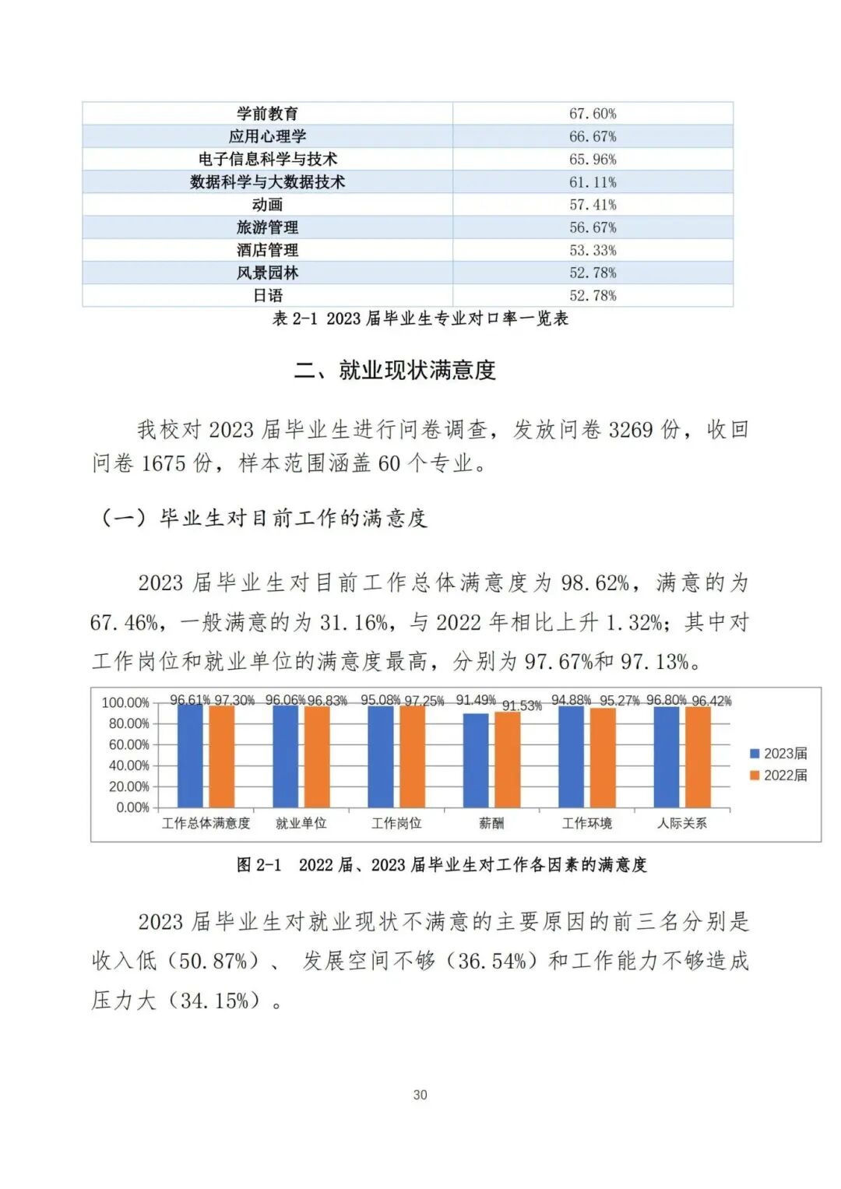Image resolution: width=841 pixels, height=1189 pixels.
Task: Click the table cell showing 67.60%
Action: [593, 114]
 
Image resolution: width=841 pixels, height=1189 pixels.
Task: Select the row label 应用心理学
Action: [267, 136]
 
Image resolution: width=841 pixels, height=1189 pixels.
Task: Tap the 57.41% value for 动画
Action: [593, 205]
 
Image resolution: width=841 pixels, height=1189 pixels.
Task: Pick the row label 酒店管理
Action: [267, 250]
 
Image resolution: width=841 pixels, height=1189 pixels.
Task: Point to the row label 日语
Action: [267, 296]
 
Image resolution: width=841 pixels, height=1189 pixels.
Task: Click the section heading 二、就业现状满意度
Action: [395, 370]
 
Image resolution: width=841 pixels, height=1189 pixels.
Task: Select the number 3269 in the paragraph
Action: [630, 430]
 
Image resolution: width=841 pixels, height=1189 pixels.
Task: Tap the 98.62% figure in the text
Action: [596, 582]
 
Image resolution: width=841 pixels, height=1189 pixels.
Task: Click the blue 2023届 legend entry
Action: [778, 754]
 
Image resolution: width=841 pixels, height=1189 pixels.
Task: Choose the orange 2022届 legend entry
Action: [778, 776]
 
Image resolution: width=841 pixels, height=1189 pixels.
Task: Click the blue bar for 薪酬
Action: [476, 761]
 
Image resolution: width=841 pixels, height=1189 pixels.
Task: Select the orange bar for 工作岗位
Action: [412, 756]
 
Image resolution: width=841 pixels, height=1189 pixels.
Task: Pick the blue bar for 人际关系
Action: [667, 757]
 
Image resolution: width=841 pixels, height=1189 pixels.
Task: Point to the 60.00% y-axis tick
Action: [128, 745]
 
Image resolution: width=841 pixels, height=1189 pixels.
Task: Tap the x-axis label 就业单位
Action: [301, 823]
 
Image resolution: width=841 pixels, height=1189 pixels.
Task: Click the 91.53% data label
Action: [522, 706]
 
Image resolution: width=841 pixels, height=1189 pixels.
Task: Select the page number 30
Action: [420, 1095]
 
